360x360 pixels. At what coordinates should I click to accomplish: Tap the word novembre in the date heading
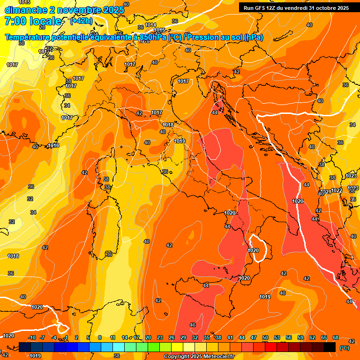[76, 10]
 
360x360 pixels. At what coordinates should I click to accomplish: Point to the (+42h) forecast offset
[81, 21]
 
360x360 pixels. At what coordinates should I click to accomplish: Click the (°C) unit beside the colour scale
[344, 348]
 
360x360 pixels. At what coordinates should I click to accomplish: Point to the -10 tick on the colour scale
[32, 337]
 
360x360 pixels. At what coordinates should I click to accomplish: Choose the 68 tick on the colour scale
[336, 337]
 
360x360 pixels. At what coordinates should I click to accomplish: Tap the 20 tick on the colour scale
[148, 337]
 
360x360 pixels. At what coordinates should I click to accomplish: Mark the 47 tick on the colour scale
[254, 337]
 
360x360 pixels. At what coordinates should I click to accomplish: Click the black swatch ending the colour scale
[330, 347]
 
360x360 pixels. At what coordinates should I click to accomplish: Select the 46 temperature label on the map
[193, 325]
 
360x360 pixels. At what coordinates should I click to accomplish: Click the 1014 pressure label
[150, 25]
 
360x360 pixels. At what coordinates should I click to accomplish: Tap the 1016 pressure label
[53, 146]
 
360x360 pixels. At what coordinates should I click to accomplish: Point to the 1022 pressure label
[337, 191]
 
